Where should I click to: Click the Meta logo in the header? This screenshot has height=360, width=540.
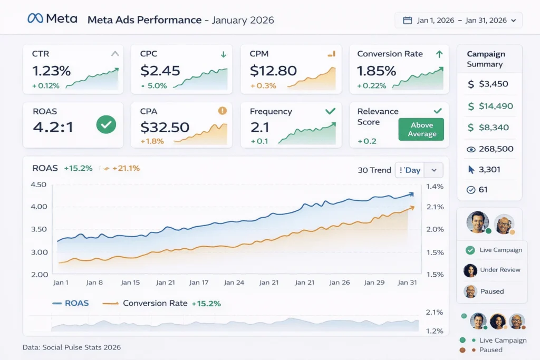coord(52,18)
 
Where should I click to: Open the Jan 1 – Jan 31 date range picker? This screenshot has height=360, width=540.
coord(458,21)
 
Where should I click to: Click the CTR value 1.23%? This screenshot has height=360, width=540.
coord(51,71)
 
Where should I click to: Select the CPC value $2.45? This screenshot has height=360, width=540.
coord(160,71)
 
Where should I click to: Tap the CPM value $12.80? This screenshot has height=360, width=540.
coord(273,71)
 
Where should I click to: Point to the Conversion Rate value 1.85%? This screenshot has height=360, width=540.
coord(377,71)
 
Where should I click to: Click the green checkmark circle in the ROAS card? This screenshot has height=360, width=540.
coord(107,125)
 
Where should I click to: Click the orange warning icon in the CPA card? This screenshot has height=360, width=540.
coord(222,111)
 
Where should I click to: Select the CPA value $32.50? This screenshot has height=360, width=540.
coord(165,127)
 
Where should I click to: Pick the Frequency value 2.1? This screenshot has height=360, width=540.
coord(259,127)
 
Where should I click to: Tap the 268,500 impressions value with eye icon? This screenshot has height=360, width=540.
coord(496,149)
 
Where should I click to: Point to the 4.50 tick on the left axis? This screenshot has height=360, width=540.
coord(38,184)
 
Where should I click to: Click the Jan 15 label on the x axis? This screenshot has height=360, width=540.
coord(130,283)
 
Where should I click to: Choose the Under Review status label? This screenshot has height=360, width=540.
coord(500,270)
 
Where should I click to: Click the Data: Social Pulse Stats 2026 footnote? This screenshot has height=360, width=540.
coord(72,347)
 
